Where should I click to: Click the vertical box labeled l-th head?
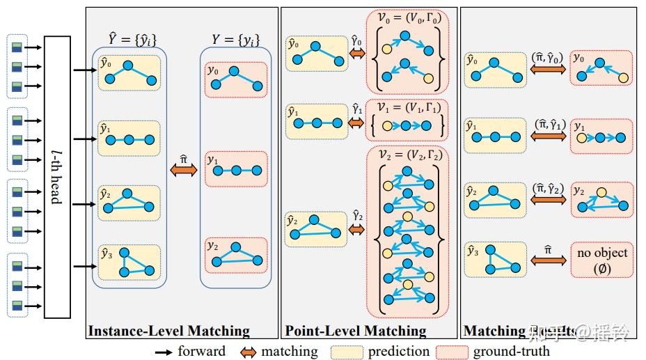(x=57, y=177)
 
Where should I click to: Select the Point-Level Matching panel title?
(x=355, y=331)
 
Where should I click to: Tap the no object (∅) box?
(x=601, y=260)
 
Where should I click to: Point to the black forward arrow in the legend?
(x=164, y=352)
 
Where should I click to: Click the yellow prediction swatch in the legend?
(x=347, y=352)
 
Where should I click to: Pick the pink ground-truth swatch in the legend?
(x=452, y=352)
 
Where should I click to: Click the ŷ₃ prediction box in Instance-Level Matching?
(x=129, y=262)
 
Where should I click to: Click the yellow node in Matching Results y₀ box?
(x=623, y=77)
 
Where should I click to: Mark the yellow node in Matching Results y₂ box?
(x=602, y=193)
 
